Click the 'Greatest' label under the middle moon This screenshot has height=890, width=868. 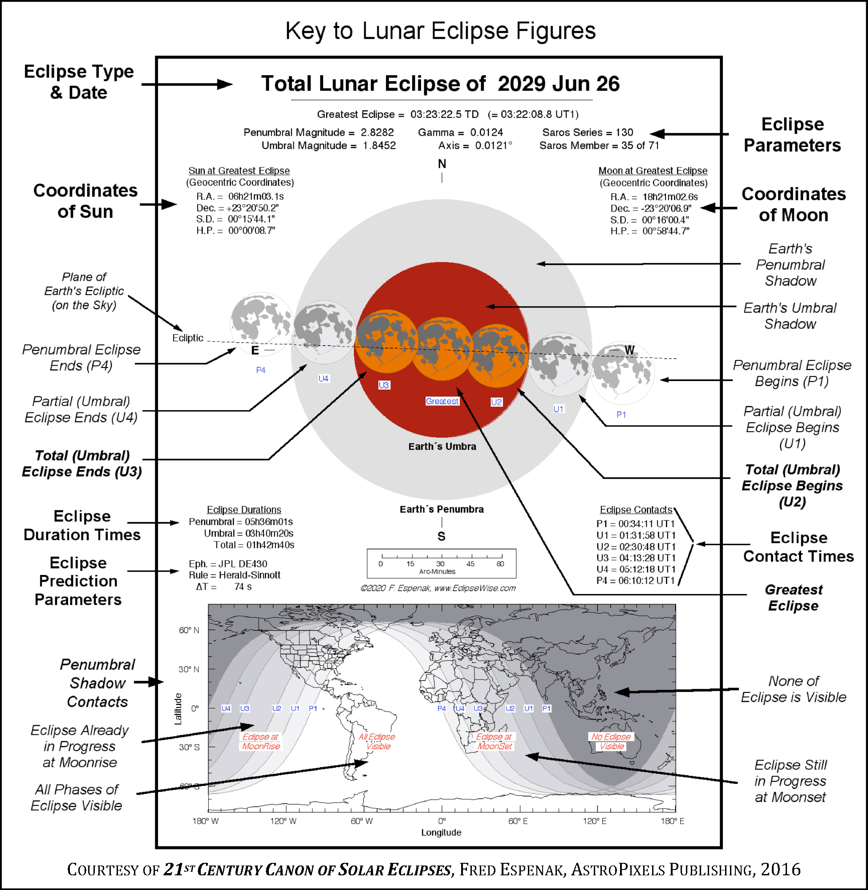[442, 401]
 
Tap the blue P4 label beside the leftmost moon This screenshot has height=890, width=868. [260, 370]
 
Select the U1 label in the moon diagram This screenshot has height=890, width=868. [558, 409]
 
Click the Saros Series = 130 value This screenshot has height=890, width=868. [587, 132]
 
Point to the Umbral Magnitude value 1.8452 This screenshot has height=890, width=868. [379, 146]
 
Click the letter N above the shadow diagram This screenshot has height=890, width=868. [442, 164]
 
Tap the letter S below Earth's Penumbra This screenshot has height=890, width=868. [441, 536]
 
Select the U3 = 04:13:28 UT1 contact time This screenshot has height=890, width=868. [636, 558]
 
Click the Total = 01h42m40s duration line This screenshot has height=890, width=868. [253, 545]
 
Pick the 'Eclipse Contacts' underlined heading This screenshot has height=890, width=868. [636, 510]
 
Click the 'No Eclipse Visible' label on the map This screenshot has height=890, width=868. [611, 741]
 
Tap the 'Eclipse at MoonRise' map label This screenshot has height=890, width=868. [260, 741]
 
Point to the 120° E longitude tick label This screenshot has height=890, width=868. [595, 821]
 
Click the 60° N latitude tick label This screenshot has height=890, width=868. [189, 630]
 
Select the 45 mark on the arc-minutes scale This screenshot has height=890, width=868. [470, 564]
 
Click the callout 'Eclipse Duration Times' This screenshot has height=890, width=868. [82, 525]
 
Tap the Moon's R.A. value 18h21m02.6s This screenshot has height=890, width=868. [669, 197]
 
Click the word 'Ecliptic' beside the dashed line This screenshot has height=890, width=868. [187, 338]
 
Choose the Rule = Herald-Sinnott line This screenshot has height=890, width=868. [234, 575]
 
